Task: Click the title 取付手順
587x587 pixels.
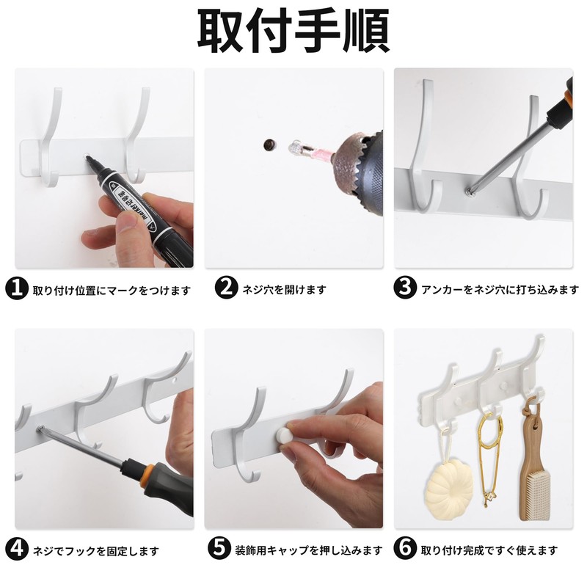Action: point(293,31)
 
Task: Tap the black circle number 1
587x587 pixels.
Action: point(18,289)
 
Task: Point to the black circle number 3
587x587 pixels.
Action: point(405,289)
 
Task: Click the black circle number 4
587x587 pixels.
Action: point(18,550)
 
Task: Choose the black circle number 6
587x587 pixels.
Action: point(405,550)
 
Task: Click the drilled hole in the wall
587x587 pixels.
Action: point(269,145)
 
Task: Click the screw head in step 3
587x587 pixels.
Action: point(467,190)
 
